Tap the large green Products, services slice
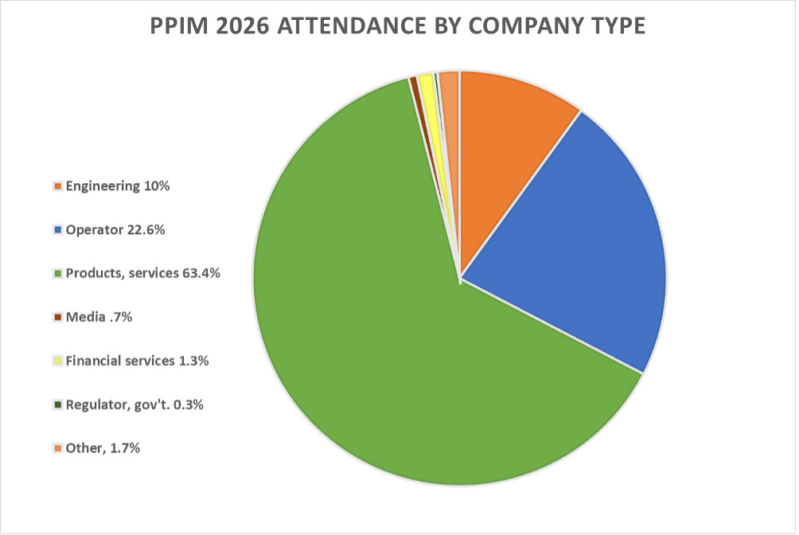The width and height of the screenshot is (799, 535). tap(358, 318)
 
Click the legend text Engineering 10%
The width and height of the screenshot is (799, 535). tap(118, 186)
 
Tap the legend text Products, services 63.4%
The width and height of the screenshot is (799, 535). tap(142, 273)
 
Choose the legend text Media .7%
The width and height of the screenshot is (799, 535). tap(99, 317)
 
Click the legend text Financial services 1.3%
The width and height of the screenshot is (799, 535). tap(137, 361)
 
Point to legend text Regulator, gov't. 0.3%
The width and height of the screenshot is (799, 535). tap(134, 404)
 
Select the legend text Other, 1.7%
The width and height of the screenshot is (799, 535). tap(103, 448)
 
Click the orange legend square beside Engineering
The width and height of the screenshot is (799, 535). tap(57, 187)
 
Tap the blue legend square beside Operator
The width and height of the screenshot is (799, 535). tap(57, 231)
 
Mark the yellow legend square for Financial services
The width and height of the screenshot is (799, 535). tap(57, 361)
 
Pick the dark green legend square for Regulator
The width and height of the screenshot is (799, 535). tap(57, 405)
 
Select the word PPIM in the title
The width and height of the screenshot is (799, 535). tap(178, 27)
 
